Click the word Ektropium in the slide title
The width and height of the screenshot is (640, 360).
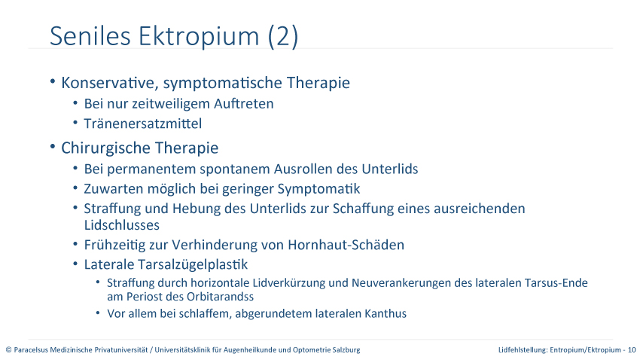pyautogui.click(x=199, y=37)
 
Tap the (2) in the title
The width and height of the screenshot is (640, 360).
pyautogui.click(x=283, y=37)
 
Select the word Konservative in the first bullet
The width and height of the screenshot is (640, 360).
pyautogui.click(x=108, y=83)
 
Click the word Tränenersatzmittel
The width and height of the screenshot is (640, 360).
pyautogui.click(x=143, y=124)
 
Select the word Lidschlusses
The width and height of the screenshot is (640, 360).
pyautogui.click(x=122, y=225)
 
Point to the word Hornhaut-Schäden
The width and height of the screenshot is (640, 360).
pyautogui.click(x=346, y=245)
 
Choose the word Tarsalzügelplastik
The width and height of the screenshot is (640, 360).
pyautogui.click(x=193, y=264)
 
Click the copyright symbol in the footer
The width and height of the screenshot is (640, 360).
pyautogui.click(x=8, y=349)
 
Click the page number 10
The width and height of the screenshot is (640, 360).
pyautogui.click(x=632, y=349)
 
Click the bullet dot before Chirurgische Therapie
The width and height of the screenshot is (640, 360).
pyautogui.click(x=53, y=146)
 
